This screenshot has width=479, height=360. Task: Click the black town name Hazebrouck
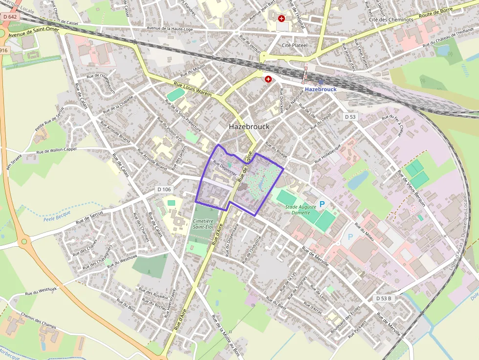[x=249, y=126]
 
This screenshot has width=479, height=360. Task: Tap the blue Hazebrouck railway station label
[x=320, y=89]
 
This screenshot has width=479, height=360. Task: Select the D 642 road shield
[x=9, y=16]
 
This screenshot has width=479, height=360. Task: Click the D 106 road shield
[x=165, y=189]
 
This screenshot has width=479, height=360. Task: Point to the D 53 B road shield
[x=384, y=298]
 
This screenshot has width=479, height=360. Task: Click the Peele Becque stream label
[x=57, y=215]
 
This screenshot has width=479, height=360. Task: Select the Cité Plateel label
[x=295, y=45]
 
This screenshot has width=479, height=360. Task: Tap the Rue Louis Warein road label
[x=192, y=88]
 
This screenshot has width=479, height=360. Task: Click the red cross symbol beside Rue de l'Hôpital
[x=282, y=19]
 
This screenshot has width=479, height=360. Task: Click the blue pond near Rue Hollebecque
[x=358, y=180]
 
